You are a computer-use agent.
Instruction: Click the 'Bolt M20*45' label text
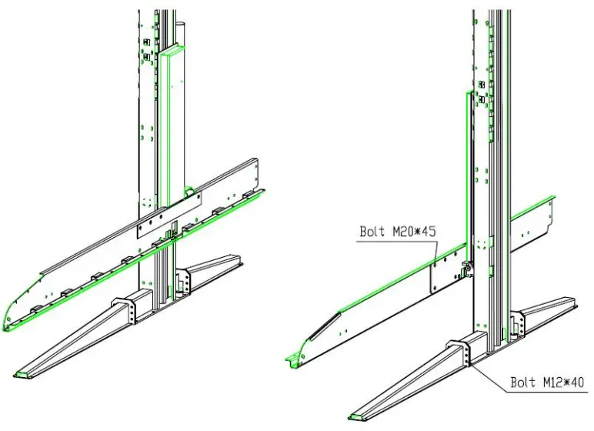coord(398,231)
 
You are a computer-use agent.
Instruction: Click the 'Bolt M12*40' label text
coord(547,382)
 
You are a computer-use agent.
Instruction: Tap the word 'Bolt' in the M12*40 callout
coord(523,382)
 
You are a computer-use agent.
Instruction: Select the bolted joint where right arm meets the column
coord(466,267)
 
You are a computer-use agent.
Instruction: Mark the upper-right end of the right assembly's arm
coord(552,212)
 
